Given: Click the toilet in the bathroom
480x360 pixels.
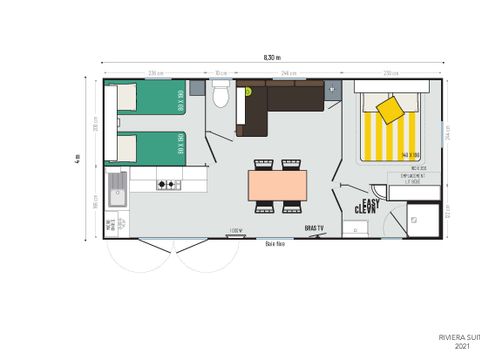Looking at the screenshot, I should coord(222,95).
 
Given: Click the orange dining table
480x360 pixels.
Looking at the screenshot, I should coord(278,185).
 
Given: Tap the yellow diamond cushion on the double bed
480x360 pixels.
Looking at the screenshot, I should coord(390,108).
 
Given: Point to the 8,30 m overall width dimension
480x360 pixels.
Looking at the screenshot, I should coord(271,58).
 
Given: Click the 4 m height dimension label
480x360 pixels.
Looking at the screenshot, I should coord(78,157).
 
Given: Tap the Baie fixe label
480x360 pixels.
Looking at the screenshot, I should coord(276,243).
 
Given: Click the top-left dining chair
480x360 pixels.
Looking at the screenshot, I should coord(265,164).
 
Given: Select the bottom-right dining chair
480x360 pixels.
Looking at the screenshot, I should coord(292,207).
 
